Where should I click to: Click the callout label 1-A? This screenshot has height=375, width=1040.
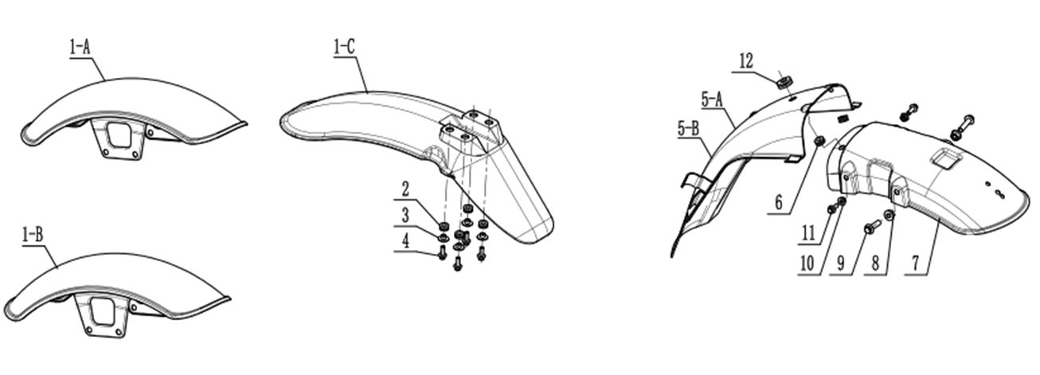pyautogui.click(x=80, y=48)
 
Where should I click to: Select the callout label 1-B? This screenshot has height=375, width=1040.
pyautogui.click(x=33, y=236)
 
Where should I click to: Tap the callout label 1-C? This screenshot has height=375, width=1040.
pyautogui.click(x=344, y=47)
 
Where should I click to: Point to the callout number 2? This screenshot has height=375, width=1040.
pyautogui.click(x=405, y=189)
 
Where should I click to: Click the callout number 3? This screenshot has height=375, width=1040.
pyautogui.click(x=405, y=216)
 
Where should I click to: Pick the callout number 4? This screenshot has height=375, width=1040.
pyautogui.click(x=406, y=241)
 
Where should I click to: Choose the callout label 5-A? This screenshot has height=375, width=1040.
pyautogui.click(x=712, y=100)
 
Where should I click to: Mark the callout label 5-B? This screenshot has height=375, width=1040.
pyautogui.click(x=689, y=128)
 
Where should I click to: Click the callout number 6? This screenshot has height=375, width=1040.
pyautogui.click(x=779, y=203)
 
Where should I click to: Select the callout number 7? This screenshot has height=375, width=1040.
pyautogui.click(x=916, y=264)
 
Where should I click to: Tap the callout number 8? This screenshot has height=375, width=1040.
pyautogui.click(x=875, y=264)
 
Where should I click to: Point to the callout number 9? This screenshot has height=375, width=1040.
pyautogui.click(x=841, y=264)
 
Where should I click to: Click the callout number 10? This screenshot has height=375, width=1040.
pyautogui.click(x=807, y=264)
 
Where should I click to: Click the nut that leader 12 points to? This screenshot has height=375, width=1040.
pyautogui.click(x=784, y=83)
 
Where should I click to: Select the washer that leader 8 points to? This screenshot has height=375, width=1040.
pyautogui.click(x=889, y=215)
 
